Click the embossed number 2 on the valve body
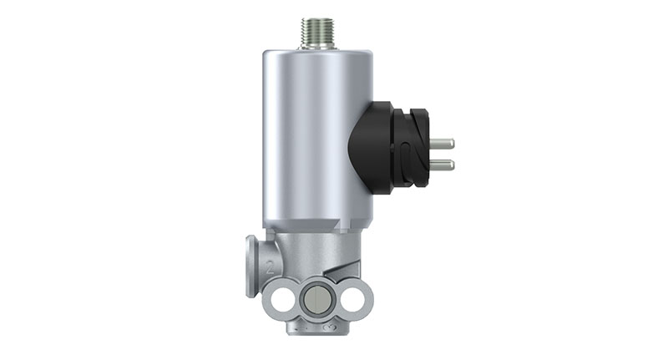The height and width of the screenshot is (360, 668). (x=270, y=270)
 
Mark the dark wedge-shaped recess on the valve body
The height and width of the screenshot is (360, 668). (x=338, y=269)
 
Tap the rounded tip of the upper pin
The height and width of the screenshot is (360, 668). (x=452, y=144)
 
